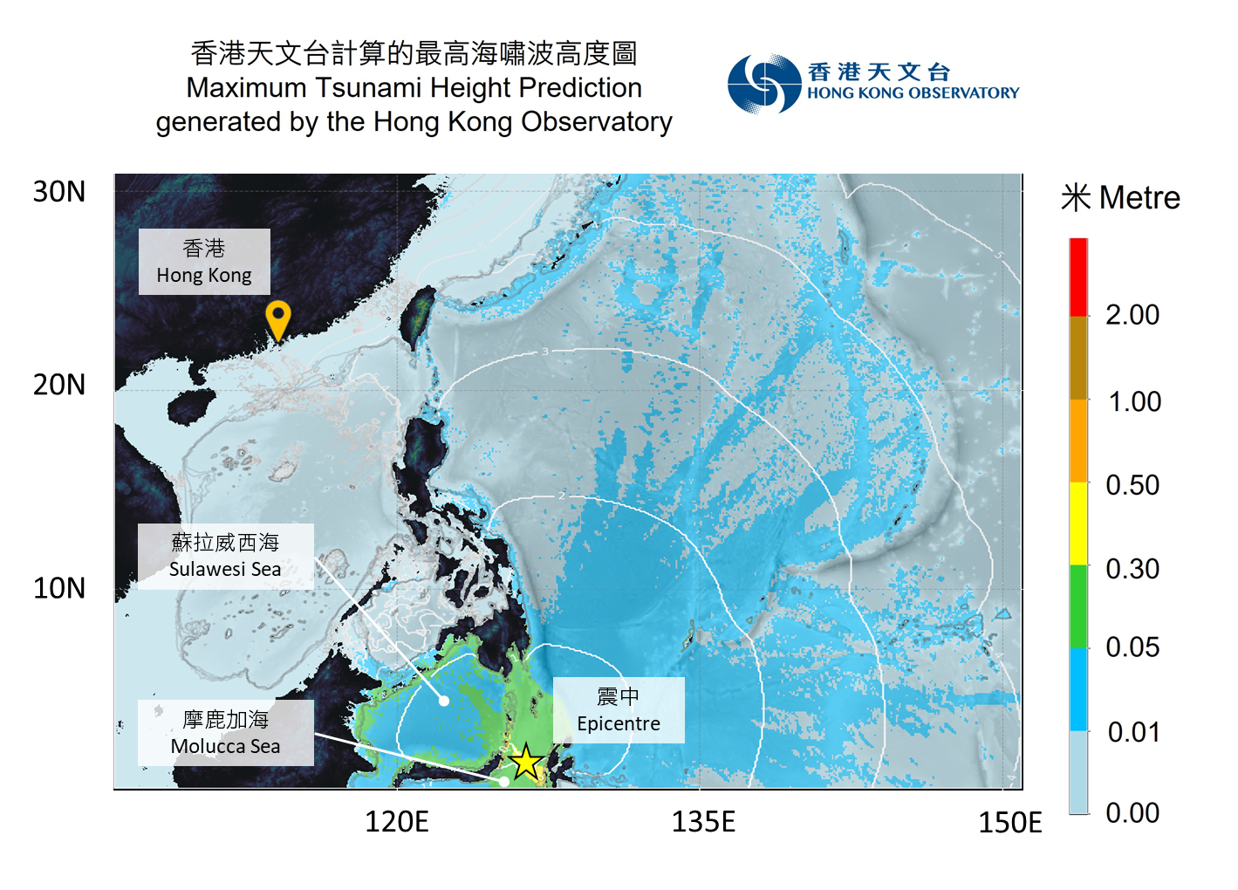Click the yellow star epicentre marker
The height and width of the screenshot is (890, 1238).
pyautogui.click(x=526, y=763)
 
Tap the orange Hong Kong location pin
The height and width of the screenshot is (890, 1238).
pyautogui.click(x=277, y=318)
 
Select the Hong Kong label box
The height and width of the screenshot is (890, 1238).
pyautogui.click(x=204, y=262)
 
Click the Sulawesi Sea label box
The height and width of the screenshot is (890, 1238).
pyautogui.click(x=225, y=556)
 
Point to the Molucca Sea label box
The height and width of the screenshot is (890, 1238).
pyautogui.click(x=225, y=733)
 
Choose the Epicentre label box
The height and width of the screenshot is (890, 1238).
pyautogui.click(x=619, y=710)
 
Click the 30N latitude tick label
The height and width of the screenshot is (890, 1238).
pyautogui.click(x=59, y=192)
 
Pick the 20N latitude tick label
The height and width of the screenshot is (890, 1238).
pyautogui.click(x=59, y=385)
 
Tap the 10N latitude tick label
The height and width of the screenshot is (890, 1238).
pyautogui.click(x=59, y=588)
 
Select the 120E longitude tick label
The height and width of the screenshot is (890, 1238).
pyautogui.click(x=397, y=822)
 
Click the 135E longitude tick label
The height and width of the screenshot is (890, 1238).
pyautogui.click(x=703, y=822)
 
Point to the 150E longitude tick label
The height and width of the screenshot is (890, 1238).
pyautogui.click(x=1010, y=823)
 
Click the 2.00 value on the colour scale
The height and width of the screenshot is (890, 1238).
pyautogui.click(x=1132, y=315)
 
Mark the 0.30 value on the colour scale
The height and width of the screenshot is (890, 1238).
pyautogui.click(x=1132, y=569)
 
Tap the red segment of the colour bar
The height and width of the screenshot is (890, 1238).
pyautogui.click(x=1078, y=277)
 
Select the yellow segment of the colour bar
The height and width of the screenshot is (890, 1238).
pyautogui.click(x=1078, y=523)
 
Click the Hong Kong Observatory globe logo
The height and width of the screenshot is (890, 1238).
pyautogui.click(x=764, y=83)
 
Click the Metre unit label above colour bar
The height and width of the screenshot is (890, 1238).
pyautogui.click(x=1139, y=198)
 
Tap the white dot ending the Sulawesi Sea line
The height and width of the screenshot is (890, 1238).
pyautogui.click(x=444, y=701)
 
